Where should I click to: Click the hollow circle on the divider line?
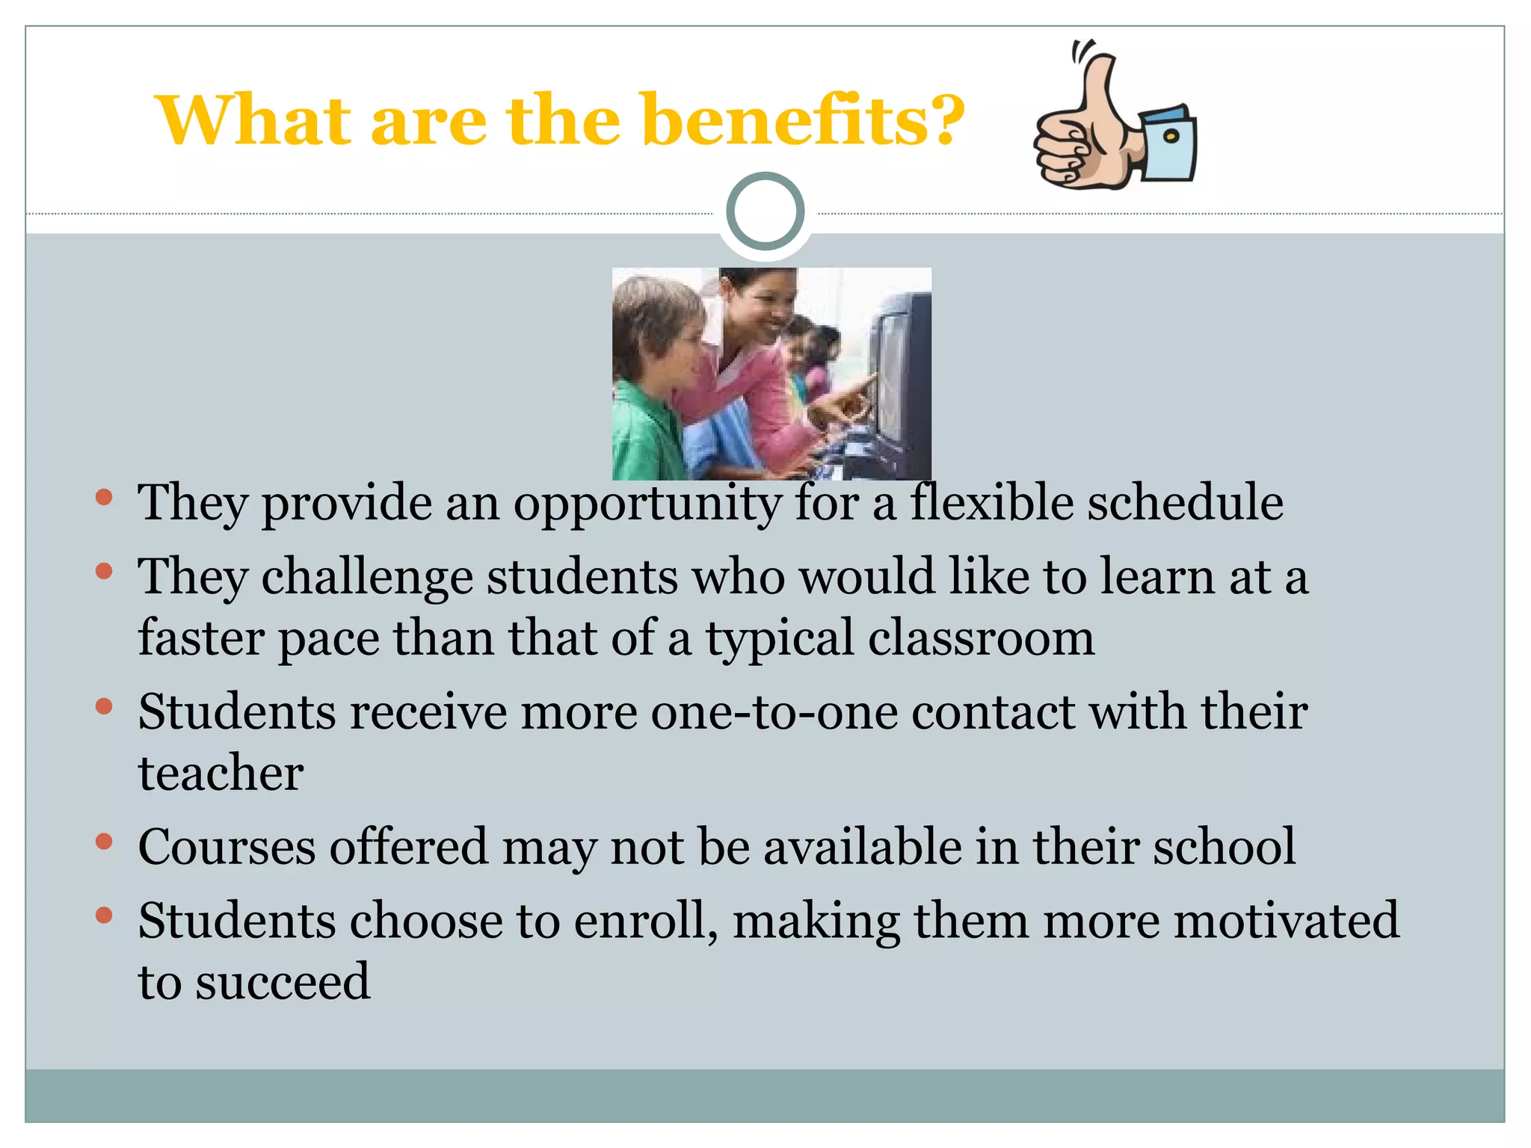pos(765,212)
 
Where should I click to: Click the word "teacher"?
pos(221,773)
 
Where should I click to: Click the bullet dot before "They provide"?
pos(104,497)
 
